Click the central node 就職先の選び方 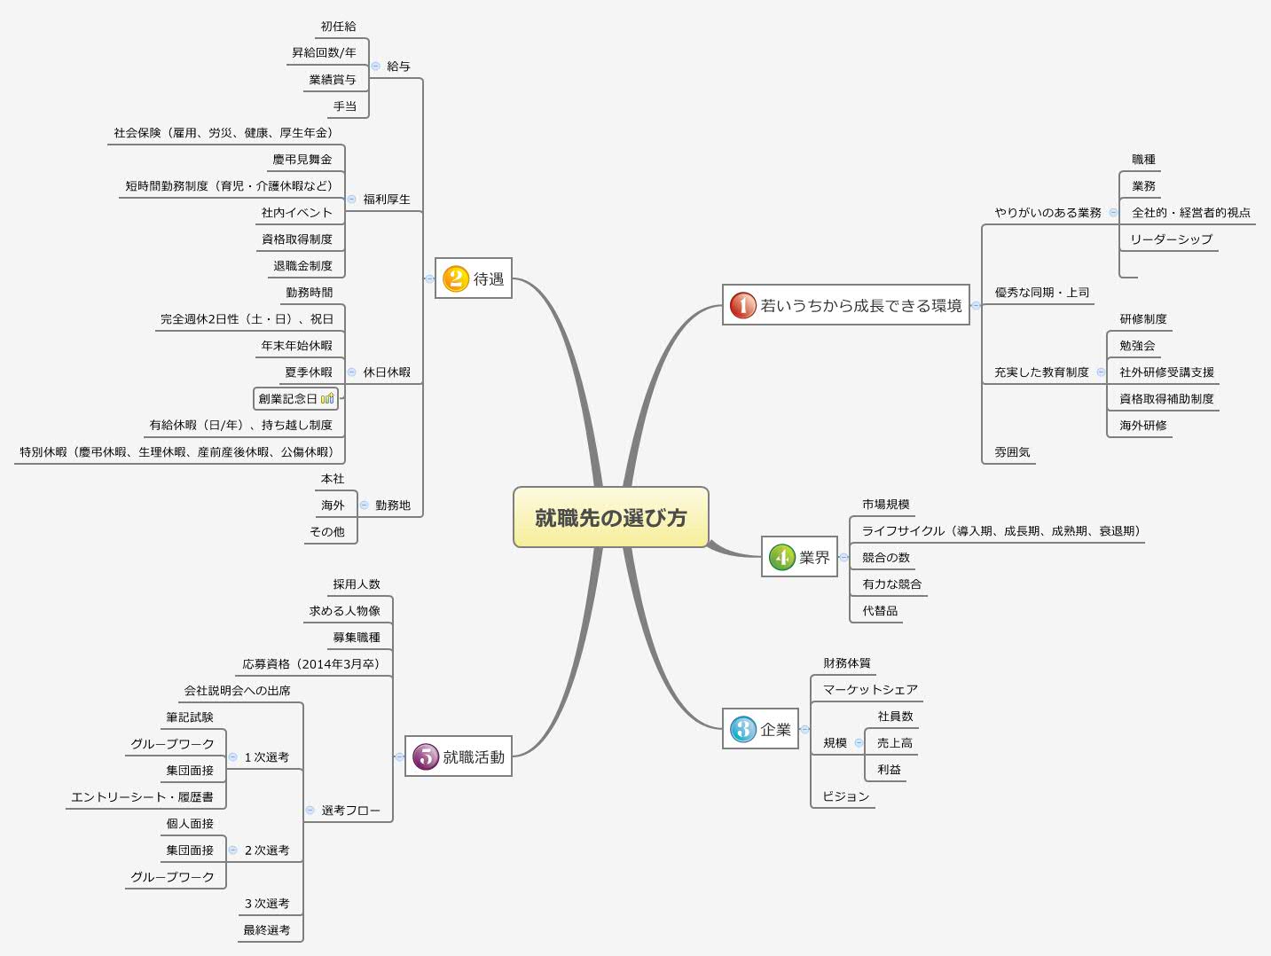pos(610,518)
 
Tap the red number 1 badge pos(742,306)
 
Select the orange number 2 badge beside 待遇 pos(456,279)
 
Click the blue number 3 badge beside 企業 pos(742,730)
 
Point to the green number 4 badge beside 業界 pos(781,557)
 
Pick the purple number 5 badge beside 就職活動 pos(426,756)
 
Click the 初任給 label pos(338,27)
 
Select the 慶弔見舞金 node pos(302,160)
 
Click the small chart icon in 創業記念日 pos(327,399)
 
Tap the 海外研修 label pos(1142,426)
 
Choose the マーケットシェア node pos(870,690)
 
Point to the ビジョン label pos(845,796)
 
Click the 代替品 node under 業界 pos(880,611)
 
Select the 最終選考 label pos(266,930)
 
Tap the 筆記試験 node pos(190,717)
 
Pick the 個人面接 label pos(190,824)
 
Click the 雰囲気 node pos(1012,452)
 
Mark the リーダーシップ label pos(1171,239)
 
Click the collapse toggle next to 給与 pos(375,67)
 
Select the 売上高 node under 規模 pos(894,743)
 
